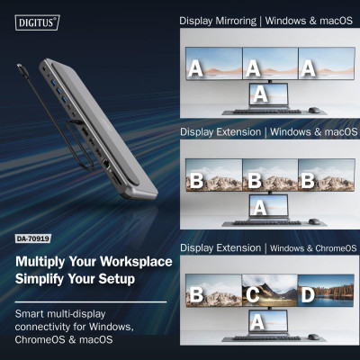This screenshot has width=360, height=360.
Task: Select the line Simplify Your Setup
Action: click(75, 280)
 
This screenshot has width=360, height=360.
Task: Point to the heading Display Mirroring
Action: click(216, 20)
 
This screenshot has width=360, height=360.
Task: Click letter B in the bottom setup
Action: click(195, 293)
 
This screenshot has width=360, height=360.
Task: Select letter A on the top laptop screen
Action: click(260, 93)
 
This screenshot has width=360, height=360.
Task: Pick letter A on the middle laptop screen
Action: click(260, 207)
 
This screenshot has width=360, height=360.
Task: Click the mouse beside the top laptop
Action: click(312, 110)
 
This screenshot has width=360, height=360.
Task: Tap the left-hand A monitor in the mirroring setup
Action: click(198, 65)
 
